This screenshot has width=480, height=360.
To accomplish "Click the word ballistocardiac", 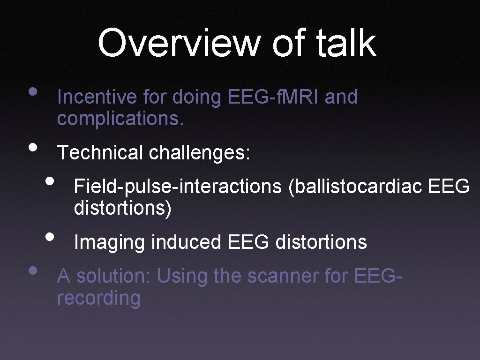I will point(356,186).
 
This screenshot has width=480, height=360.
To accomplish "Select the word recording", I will point(98,298).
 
